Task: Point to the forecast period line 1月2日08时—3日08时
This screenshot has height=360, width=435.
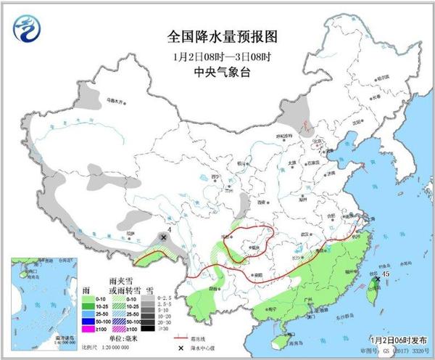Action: [x=216, y=54]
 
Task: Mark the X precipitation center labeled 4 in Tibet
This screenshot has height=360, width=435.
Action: [x=164, y=237]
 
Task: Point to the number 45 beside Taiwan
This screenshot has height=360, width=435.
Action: [x=386, y=274]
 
